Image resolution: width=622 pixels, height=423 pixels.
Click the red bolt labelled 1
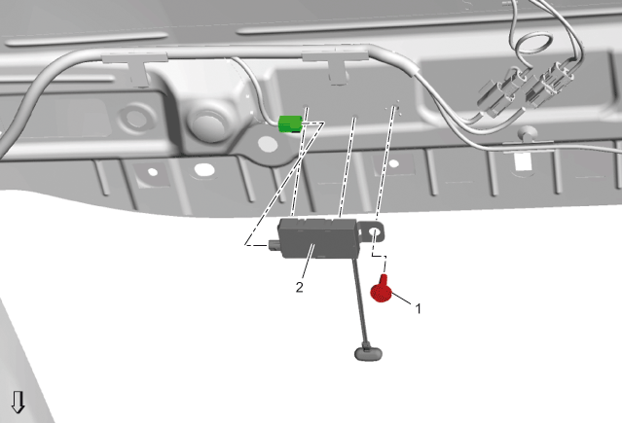pyautogui.click(x=382, y=291)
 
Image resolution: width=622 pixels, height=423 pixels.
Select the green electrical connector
pyautogui.click(x=291, y=123)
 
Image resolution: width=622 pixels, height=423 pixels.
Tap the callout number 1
pyautogui.click(x=418, y=308)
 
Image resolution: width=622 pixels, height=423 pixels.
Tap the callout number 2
pyautogui.click(x=300, y=287)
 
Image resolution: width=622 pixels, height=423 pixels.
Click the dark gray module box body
pyautogui.click(x=317, y=237)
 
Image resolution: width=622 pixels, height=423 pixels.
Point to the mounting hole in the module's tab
pyautogui.click(x=374, y=231)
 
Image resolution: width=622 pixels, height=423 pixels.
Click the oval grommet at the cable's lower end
pyautogui.click(x=369, y=354)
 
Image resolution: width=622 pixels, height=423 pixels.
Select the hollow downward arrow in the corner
pyautogui.click(x=18, y=402)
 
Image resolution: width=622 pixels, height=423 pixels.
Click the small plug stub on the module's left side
pyautogui.click(x=274, y=245)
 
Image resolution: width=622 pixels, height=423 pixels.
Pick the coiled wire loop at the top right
pyautogui.click(x=532, y=44)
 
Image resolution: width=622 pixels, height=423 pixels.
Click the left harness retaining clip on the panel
pyautogui.click(x=135, y=67)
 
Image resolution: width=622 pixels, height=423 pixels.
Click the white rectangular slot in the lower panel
pyautogui.click(x=522, y=161)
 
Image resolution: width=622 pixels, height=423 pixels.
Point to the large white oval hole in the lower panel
pyautogui.click(x=203, y=170)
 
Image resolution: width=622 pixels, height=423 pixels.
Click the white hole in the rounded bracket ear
pyautogui.click(x=268, y=144)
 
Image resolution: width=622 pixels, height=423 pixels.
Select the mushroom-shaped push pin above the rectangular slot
pyautogui.click(x=527, y=134)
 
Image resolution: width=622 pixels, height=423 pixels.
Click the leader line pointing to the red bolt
pyautogui.click(x=401, y=299)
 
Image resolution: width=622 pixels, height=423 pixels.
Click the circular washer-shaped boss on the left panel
pyautogui.click(x=135, y=118)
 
